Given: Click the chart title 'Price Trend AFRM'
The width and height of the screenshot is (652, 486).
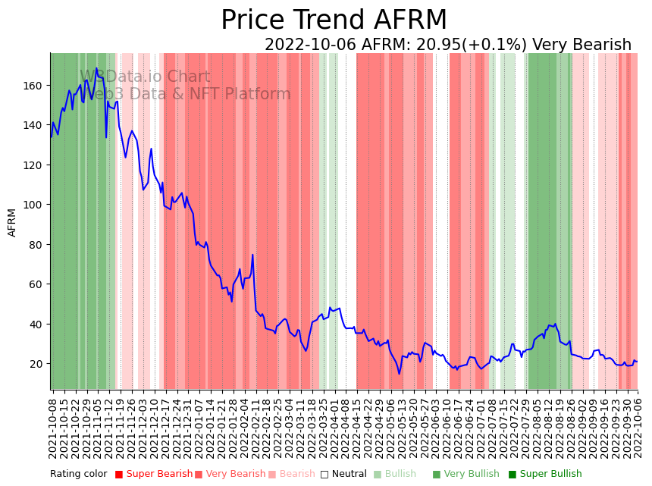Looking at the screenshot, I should coord(334,20).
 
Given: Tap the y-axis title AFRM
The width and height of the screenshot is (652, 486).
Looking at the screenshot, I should coord(12,222).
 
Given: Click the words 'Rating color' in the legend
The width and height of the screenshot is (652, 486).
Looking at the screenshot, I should coord(79,475).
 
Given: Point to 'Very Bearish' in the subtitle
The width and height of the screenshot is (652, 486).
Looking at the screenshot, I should coord(581,45).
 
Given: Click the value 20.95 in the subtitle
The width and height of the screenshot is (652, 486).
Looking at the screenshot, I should coord(424,45).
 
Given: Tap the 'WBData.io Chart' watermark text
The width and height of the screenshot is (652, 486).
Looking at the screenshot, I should coord(145,77).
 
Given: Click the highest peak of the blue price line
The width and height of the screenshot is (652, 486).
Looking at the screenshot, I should coord(96,69).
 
